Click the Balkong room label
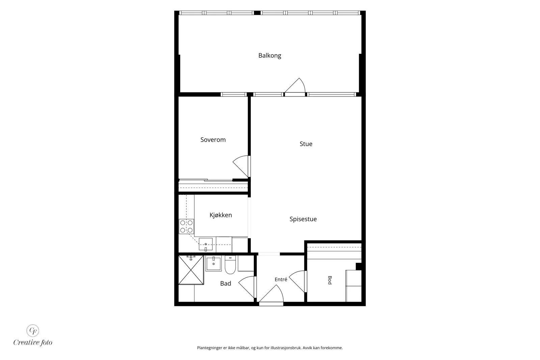pyautogui.click(x=270, y=56)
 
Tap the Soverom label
pyautogui.click(x=213, y=140)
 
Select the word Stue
pyautogui.click(x=306, y=144)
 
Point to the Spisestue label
pyautogui.click(x=303, y=219)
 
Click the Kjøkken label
pyautogui.click(x=221, y=215)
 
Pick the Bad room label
pyautogui.click(x=225, y=283)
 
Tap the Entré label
pyautogui.click(x=281, y=279)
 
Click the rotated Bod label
pyautogui.click(x=330, y=280)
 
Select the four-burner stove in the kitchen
pyautogui.click(x=186, y=226)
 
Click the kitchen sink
pyautogui.click(x=206, y=244)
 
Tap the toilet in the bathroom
pyautogui.click(x=230, y=265)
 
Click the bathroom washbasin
pyautogui.click(x=213, y=264)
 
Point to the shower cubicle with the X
pyautogui.click(x=191, y=270)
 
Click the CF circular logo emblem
pyautogui.click(x=33, y=330)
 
